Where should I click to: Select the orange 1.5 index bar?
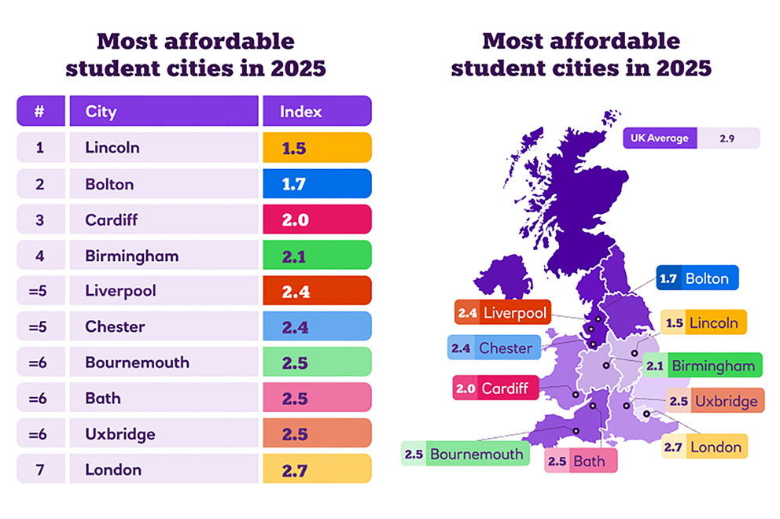(x=317, y=147)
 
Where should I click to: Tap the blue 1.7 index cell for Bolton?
(x=317, y=183)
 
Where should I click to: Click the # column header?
(x=39, y=111)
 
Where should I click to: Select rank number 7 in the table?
(x=39, y=469)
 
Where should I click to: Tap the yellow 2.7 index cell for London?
(x=317, y=469)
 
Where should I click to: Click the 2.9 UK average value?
(x=728, y=138)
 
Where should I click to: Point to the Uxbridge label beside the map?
(x=715, y=401)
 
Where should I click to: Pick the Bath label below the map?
(x=581, y=461)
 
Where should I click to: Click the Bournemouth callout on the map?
(x=464, y=454)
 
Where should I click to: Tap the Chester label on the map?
(x=495, y=348)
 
